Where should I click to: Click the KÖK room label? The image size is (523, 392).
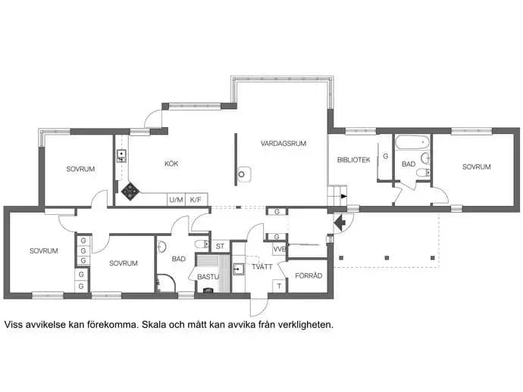click(171, 163)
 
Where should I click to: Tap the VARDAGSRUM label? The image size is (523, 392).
click(283, 144)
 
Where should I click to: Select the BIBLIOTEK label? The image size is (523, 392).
click(353, 160)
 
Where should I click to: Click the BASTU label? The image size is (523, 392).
click(208, 277)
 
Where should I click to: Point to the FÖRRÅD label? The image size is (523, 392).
click(308, 275)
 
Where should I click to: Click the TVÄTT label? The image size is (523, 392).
click(262, 267)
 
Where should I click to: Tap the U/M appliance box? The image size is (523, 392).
click(176, 200)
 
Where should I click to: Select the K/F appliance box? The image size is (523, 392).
click(196, 200)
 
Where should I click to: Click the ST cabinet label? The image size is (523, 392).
click(220, 247)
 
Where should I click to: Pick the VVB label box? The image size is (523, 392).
click(280, 249)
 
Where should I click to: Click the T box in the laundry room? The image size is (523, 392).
click(279, 286)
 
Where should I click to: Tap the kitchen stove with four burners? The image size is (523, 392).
click(130, 191)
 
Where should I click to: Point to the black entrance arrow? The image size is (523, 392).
click(340, 222)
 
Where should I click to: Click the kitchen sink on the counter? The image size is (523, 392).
click(121, 156)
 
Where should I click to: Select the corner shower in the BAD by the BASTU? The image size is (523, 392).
click(166, 284)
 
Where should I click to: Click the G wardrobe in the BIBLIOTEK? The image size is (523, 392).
click(386, 156)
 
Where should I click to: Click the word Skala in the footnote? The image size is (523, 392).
click(154, 325)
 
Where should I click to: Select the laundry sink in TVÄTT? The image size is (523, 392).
click(239, 268)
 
